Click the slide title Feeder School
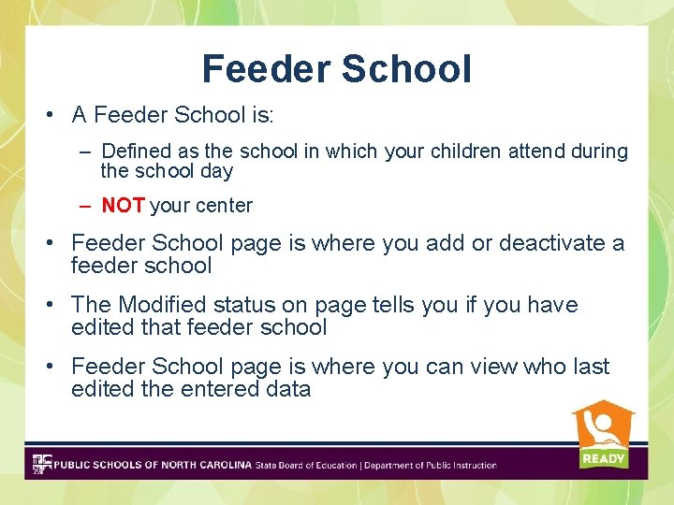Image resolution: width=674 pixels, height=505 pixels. [x=336, y=68]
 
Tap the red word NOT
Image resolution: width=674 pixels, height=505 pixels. [x=123, y=205]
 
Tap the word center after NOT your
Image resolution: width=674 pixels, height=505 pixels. [x=223, y=206]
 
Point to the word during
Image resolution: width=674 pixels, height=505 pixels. [x=598, y=151]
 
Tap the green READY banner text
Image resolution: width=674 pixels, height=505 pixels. [x=603, y=458]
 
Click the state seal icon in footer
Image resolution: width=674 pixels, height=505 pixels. [x=42, y=464]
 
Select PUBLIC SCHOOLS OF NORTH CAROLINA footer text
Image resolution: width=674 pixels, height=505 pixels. [x=153, y=465]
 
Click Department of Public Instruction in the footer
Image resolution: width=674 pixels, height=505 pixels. [x=430, y=465]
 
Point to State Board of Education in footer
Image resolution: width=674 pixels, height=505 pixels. [x=305, y=465]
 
